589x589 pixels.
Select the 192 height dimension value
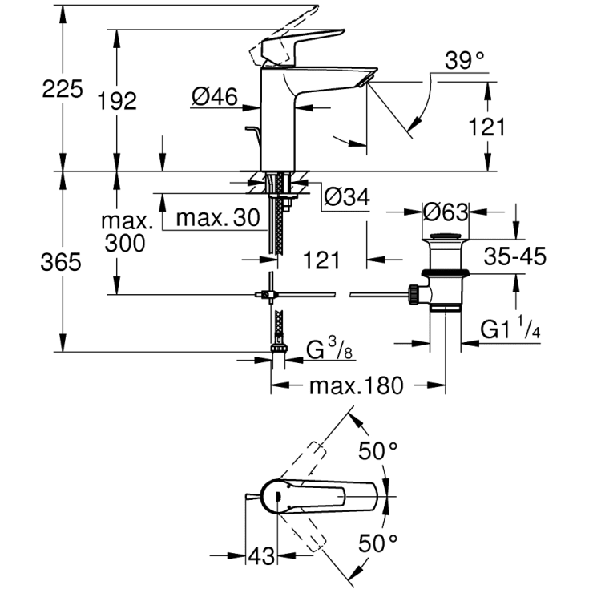117,101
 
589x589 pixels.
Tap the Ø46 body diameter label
215,97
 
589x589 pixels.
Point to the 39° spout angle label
467,59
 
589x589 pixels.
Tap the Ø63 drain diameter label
446,213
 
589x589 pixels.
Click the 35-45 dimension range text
515,256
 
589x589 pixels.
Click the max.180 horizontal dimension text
355,386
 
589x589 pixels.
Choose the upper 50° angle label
377,452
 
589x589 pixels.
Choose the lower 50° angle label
377,542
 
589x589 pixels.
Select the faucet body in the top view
321,498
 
